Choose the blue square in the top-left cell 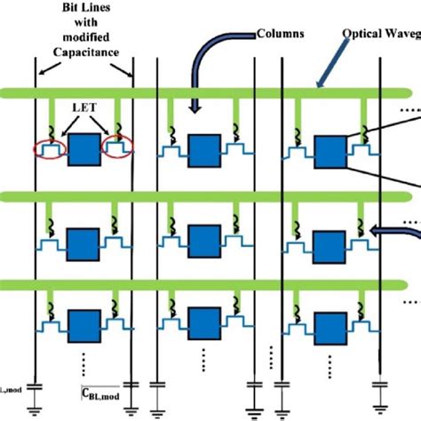click(x=84, y=150)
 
